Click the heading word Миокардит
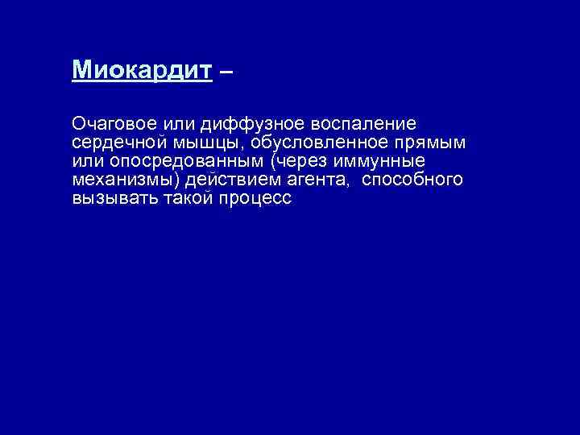tap(142, 71)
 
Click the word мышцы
tap(212, 143)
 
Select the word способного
tap(413, 180)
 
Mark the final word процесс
tap(255, 198)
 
